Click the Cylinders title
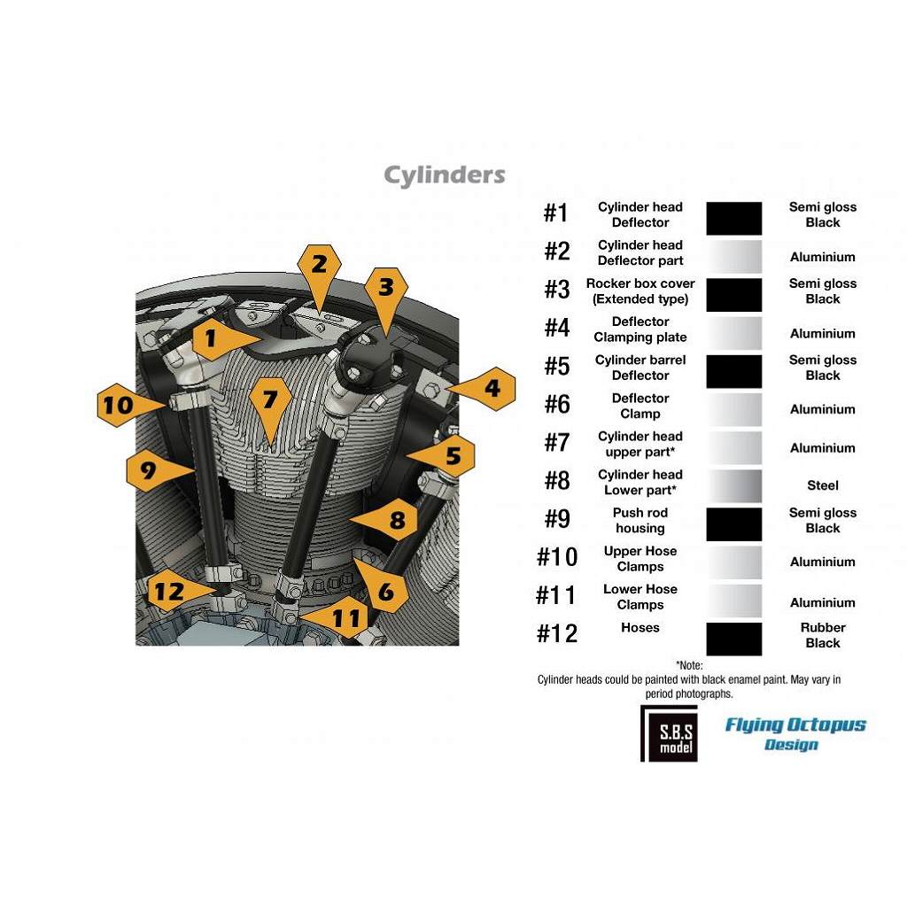[x=445, y=175]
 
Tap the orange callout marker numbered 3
[x=386, y=295]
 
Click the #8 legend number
[x=557, y=481]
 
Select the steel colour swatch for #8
[x=734, y=485]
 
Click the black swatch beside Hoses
[x=734, y=639]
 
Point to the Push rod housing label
[x=640, y=520]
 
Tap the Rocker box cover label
[x=640, y=291]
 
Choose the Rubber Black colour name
[x=823, y=635]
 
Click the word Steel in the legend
[x=823, y=485]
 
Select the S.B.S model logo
[x=670, y=733]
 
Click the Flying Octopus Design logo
[x=795, y=733]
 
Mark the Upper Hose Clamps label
[x=640, y=558]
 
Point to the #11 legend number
[x=556, y=595]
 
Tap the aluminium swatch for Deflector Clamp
[x=734, y=409]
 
